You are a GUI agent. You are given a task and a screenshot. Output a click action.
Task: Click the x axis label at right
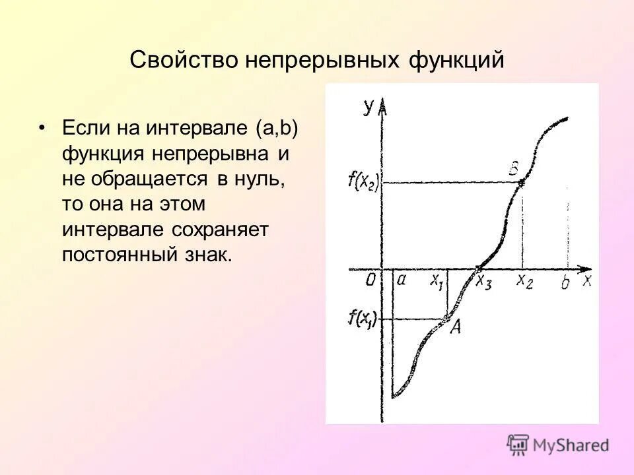[586, 280]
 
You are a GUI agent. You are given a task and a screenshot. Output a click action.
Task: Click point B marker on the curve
[522, 183]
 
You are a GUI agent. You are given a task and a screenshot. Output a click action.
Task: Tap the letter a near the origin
[401, 280]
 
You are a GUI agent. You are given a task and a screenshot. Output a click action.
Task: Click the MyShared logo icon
[518, 445]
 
